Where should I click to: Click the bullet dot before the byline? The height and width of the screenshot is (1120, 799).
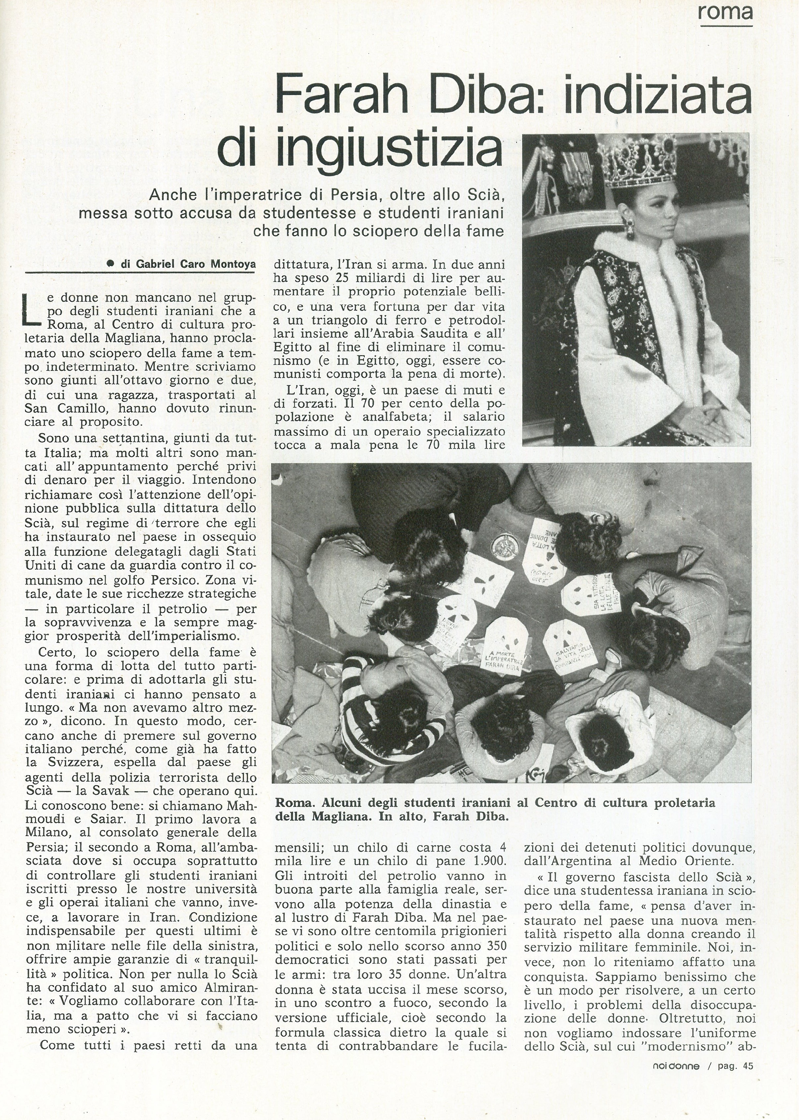coord(111,264)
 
